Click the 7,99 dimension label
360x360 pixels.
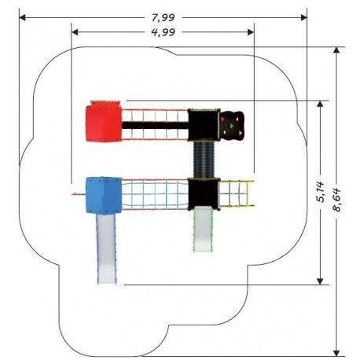click(163, 17)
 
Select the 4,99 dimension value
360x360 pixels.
click(163, 32)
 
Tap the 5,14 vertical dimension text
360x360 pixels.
click(320, 192)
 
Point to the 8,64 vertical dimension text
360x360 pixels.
click(336, 200)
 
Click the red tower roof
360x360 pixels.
click(104, 122)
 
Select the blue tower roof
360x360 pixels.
click(104, 196)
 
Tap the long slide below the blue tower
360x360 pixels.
click(106, 249)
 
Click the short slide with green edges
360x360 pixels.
click(204, 230)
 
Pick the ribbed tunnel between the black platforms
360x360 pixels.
click(204, 160)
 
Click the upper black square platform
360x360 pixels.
click(204, 125)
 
